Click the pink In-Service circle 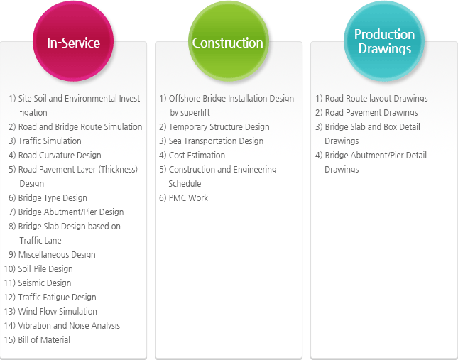coord(73,41)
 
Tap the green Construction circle coord(229,41)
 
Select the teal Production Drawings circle coord(384,41)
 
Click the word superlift coord(195,113)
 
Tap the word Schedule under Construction coord(185,184)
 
